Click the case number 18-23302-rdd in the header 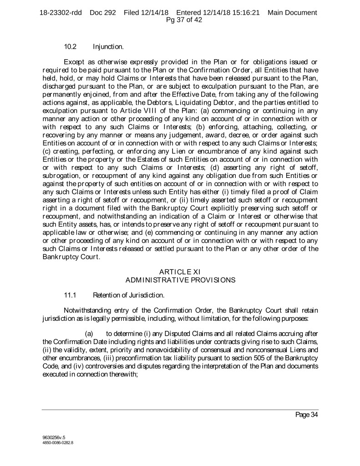point(61,12)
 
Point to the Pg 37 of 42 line point(184,20)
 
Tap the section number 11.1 point(71,296)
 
